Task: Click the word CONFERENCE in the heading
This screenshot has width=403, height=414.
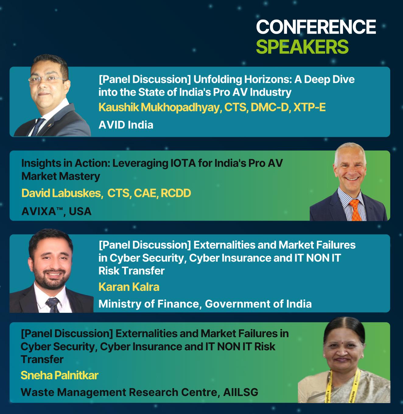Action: [316, 27]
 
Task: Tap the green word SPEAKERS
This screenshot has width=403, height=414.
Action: [302, 47]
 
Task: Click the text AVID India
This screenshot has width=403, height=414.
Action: [126, 125]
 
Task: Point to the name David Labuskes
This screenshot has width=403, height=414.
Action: [61, 193]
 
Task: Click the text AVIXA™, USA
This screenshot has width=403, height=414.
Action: [57, 211]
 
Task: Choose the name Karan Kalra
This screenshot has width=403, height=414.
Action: [129, 287]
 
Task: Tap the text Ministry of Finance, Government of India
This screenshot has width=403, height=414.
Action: [205, 304]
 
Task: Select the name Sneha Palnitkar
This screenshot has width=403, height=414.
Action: [59, 375]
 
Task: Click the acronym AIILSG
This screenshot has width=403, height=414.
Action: [241, 392]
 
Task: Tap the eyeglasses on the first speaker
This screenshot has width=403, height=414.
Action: [47, 79]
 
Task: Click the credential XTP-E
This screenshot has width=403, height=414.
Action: [309, 107]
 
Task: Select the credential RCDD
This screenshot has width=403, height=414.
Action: [176, 193]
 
